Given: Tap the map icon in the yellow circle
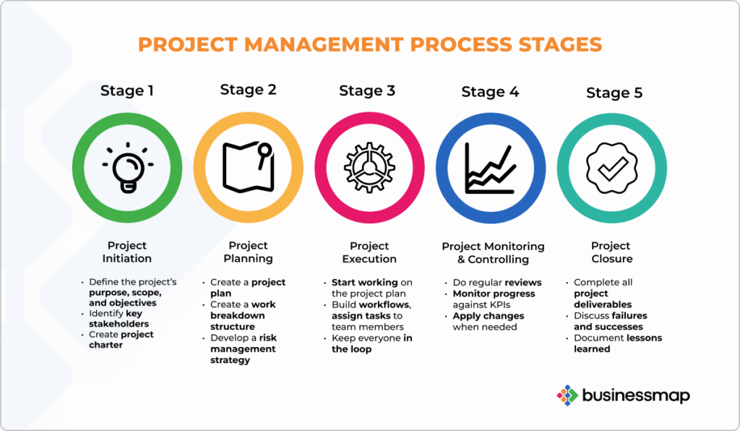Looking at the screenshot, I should pos(248,168).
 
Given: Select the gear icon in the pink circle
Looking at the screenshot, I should pos(369,168).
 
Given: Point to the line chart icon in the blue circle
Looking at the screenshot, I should pos(490,168).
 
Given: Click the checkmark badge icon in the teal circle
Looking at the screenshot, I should pos(611,168).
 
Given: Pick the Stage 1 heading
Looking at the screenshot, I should pos(127,91).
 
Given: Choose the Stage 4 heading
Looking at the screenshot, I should pos(490,92).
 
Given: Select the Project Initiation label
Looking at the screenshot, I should pos(127,252).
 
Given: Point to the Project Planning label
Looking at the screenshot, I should pos(248,252).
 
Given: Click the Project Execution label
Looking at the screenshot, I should pos(369,252).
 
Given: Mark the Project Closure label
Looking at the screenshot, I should pos(611,252).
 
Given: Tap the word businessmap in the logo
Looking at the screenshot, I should pos(636,396).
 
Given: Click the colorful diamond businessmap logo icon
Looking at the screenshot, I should pos(567,395).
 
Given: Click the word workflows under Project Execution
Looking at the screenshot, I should pos(394,305).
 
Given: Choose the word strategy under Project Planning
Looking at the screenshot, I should pos(230,360).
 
